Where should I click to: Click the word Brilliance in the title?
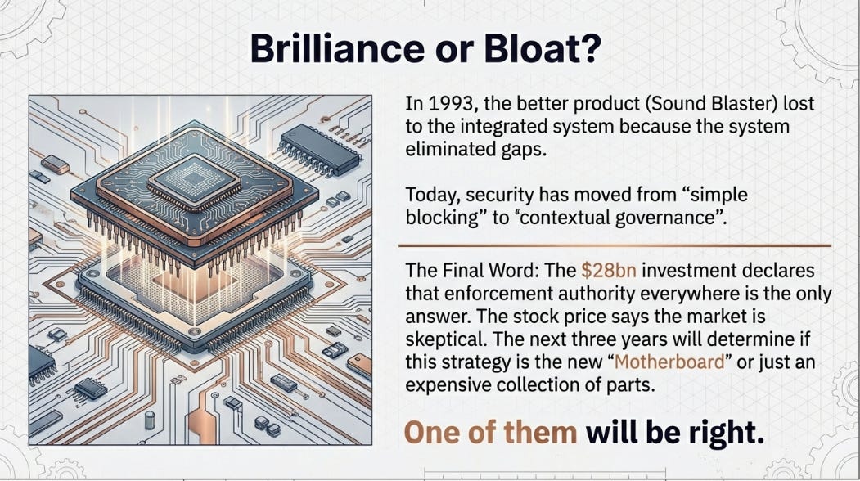[337, 48]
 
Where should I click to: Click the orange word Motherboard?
[669, 362]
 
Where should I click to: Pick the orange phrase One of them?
[490, 432]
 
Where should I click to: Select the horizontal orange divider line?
[615, 245]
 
